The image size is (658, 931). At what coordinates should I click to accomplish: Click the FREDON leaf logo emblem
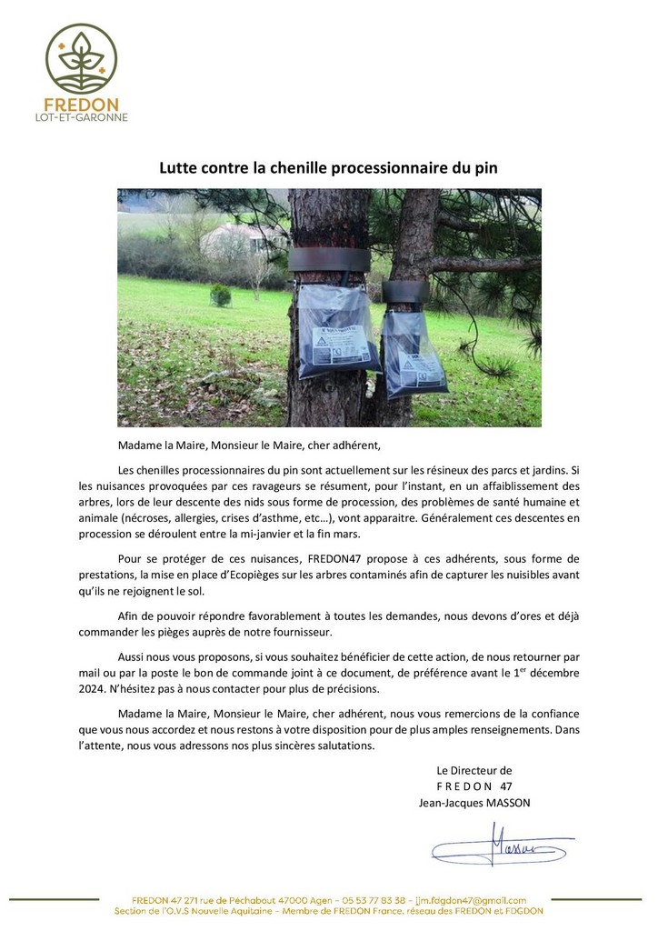(81, 58)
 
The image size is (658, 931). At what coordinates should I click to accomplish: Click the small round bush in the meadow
(220, 295)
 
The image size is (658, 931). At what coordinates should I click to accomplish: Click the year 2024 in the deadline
(134, 688)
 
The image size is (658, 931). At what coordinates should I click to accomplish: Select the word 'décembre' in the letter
(551, 672)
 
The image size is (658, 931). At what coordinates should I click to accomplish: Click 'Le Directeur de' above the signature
(474, 770)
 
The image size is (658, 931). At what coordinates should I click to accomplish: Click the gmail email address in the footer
(473, 900)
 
